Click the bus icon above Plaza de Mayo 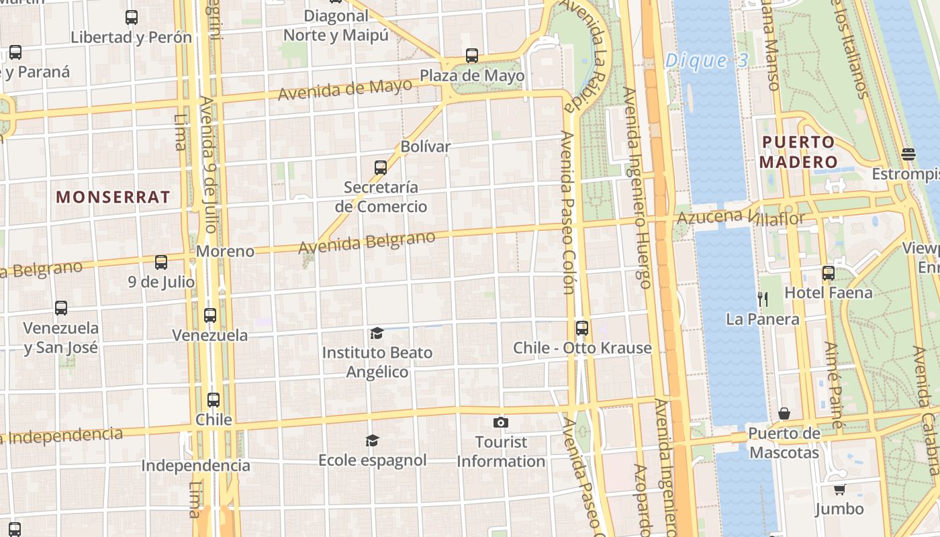[x=472, y=56]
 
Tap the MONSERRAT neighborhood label [x=113, y=197]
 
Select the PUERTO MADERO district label [x=798, y=152]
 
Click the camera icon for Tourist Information [x=500, y=422]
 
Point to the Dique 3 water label [x=706, y=61]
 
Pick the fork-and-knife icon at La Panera [x=762, y=299]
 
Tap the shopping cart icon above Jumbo [x=839, y=489]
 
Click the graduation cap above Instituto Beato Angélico [x=377, y=333]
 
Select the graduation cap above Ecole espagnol [x=372, y=440]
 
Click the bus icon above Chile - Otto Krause [x=582, y=328]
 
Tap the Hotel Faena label [x=829, y=293]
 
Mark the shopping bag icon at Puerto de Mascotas [x=784, y=413]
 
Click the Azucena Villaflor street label [x=740, y=217]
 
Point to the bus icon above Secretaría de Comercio [x=381, y=167]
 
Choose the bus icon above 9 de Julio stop [x=161, y=262]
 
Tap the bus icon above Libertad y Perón [x=132, y=17]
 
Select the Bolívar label [x=425, y=146]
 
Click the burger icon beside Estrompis [x=908, y=154]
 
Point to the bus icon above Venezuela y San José [x=61, y=308]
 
